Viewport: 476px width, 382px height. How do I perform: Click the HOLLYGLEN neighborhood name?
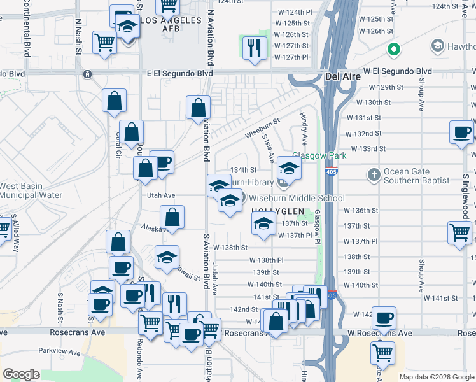[274, 211]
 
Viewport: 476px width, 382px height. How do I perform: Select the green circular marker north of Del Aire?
[394, 49]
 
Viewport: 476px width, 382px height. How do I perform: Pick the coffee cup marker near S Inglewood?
[461, 133]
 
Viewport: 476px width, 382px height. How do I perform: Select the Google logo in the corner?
[21, 374]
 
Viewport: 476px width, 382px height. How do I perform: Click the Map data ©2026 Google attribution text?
[435, 377]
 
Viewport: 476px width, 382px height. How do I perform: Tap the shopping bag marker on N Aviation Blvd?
[199, 107]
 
